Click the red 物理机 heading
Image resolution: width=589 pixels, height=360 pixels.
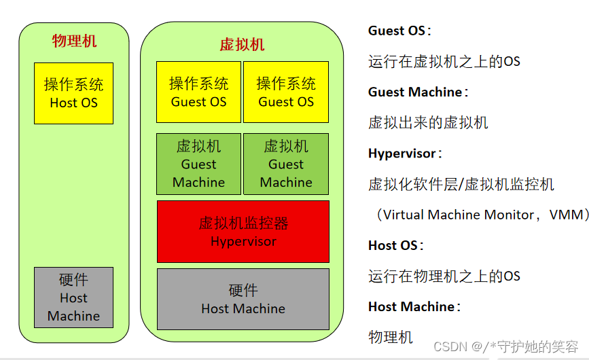click(x=74, y=41)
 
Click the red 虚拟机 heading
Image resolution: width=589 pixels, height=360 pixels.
click(x=242, y=45)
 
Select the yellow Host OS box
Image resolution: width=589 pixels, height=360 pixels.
click(x=73, y=93)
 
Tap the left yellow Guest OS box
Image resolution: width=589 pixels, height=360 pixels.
click(x=198, y=92)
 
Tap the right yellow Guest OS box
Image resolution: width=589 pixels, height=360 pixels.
click(x=286, y=92)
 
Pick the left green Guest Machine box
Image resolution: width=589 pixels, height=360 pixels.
click(x=198, y=164)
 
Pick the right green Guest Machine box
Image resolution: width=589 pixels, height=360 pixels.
click(x=286, y=164)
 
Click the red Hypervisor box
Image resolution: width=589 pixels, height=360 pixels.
click(x=243, y=232)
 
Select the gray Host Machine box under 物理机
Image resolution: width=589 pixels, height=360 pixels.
click(x=73, y=298)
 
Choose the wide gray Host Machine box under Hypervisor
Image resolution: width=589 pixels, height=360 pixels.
click(x=243, y=299)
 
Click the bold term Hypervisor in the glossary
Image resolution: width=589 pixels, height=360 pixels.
click(x=404, y=154)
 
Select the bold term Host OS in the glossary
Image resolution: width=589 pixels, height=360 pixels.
click(x=395, y=245)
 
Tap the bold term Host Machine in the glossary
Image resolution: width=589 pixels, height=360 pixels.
click(x=413, y=307)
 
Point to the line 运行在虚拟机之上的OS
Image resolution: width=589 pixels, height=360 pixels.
click(x=444, y=62)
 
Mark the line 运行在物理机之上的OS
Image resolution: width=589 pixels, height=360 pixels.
click(x=444, y=276)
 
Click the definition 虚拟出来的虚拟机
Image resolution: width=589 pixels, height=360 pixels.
click(x=428, y=123)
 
